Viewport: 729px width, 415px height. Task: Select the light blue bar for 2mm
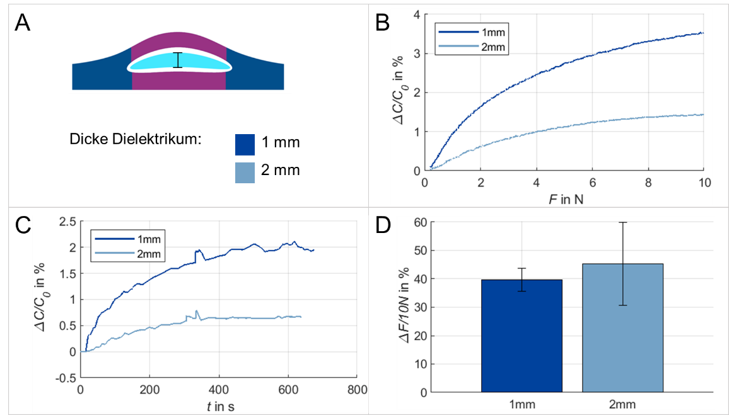tap(622, 327)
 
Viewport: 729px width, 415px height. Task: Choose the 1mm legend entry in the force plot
tap(472, 31)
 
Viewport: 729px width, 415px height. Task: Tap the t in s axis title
tap(218, 406)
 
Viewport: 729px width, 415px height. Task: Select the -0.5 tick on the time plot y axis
tap(66, 378)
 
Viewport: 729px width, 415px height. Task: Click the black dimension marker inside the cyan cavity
tap(178, 59)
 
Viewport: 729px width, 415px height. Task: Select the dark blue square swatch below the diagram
tap(245, 144)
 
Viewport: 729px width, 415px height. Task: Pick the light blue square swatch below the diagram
tap(245, 173)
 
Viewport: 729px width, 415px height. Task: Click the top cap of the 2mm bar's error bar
tap(622, 222)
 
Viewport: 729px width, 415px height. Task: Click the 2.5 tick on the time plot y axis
tap(67, 222)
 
